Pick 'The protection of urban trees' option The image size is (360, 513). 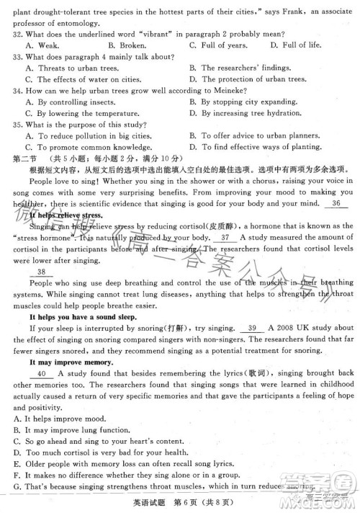(x=246, y=79)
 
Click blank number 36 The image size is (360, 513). (x=336, y=204)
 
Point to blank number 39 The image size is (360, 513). (x=252, y=329)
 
